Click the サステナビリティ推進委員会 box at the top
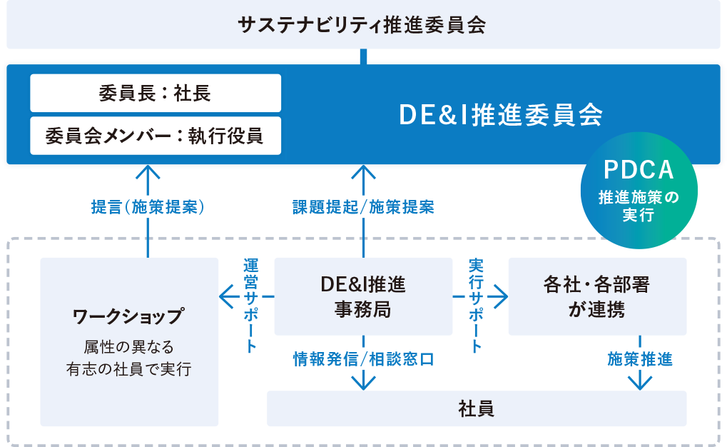click(x=363, y=25)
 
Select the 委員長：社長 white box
click(x=156, y=93)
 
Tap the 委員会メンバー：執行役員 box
click(x=156, y=135)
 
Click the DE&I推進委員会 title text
click(x=501, y=114)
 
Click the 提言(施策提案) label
click(x=148, y=207)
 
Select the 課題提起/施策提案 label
click(x=363, y=207)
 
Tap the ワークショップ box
click(x=129, y=341)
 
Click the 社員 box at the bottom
click(x=477, y=408)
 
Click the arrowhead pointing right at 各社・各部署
click(x=502, y=296)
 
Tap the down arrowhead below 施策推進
click(x=639, y=383)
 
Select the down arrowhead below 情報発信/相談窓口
click(x=363, y=383)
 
